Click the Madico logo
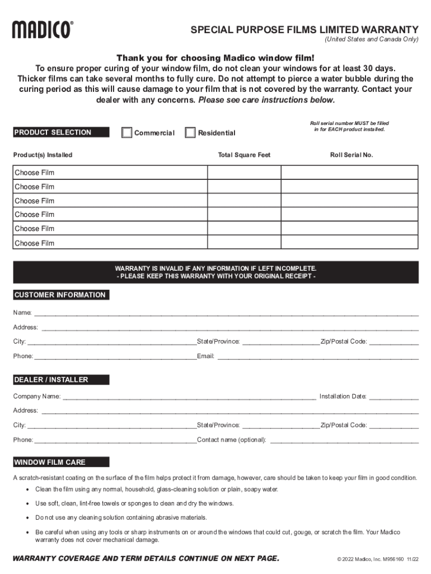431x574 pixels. pyautogui.click(x=43, y=29)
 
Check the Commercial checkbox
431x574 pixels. pyautogui.click(x=127, y=133)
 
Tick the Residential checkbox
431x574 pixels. pyautogui.click(x=190, y=133)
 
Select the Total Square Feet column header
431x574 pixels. pyautogui.click(x=243, y=155)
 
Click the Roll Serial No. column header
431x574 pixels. pyautogui.click(x=351, y=155)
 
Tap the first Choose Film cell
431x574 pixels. pyautogui.click(x=110, y=173)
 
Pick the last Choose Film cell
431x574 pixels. pyautogui.click(x=110, y=243)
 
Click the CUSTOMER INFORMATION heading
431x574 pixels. pyautogui.click(x=60, y=295)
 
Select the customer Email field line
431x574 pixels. pyautogui.click(x=317, y=356)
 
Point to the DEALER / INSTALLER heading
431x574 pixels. pyautogui.click(x=60, y=379)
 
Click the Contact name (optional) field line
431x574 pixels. pyautogui.click(x=344, y=440)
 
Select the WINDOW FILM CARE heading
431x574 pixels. pyautogui.click(x=60, y=462)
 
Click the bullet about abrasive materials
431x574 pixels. pyautogui.click(x=121, y=517)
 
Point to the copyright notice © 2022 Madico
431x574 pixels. pyautogui.click(x=377, y=559)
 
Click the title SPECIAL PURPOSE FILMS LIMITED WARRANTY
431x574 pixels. pyautogui.click(x=304, y=30)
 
